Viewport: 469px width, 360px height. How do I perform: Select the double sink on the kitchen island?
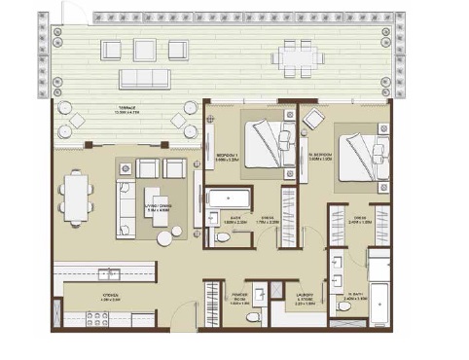pyautogui.click(x=110, y=272)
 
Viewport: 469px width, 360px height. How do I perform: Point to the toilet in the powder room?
pyautogui.click(x=253, y=316)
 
